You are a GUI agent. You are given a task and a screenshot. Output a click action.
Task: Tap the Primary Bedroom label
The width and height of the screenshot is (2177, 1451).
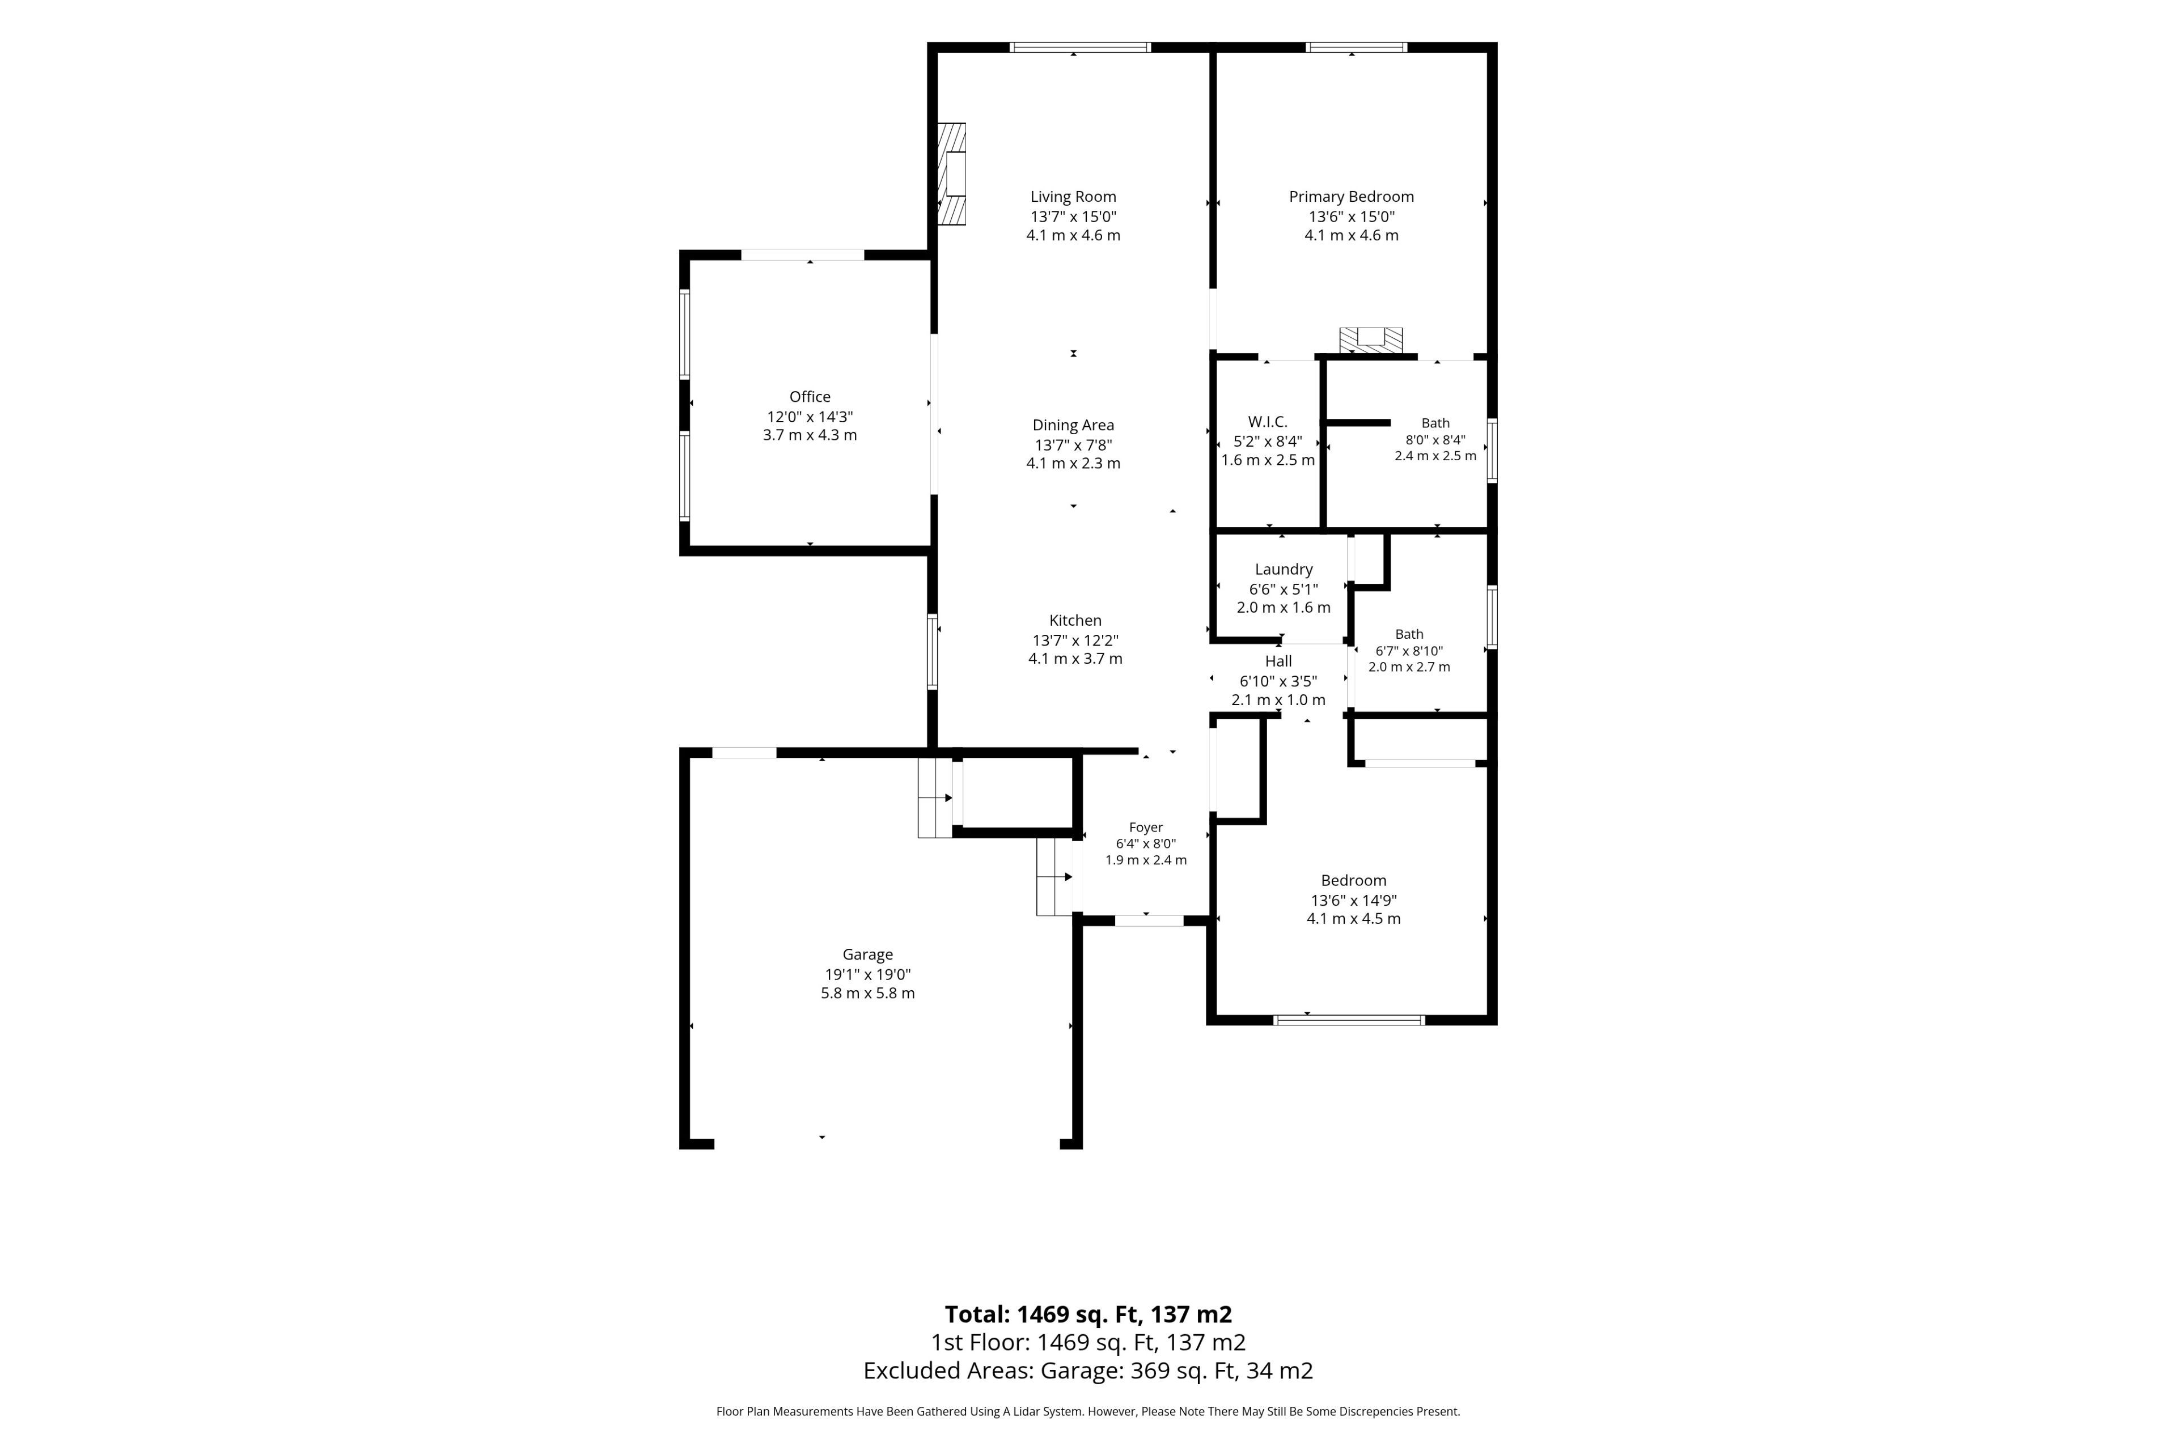1352,196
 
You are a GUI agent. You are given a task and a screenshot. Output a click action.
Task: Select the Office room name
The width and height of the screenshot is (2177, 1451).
810,396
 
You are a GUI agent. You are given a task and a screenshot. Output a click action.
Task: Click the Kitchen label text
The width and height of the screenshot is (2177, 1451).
1075,620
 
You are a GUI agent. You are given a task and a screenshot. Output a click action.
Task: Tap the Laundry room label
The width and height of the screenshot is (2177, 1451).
1283,569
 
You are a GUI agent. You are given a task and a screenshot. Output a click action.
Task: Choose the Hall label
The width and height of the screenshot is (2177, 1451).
1278,661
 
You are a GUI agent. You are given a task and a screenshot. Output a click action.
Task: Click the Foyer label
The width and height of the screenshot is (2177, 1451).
1146,828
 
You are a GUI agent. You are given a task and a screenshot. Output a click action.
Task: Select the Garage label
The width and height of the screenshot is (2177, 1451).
867,954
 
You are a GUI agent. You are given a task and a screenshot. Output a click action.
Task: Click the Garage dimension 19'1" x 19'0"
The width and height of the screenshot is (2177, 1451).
867,974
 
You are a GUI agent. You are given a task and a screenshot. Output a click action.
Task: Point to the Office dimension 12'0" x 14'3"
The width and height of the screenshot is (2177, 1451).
810,417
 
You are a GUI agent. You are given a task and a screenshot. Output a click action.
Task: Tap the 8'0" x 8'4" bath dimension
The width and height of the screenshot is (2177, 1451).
1435,440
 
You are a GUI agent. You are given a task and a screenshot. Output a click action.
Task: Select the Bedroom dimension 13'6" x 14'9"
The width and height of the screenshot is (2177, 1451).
1353,900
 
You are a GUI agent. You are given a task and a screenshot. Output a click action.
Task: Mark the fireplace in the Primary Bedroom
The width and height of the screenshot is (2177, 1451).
1371,340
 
